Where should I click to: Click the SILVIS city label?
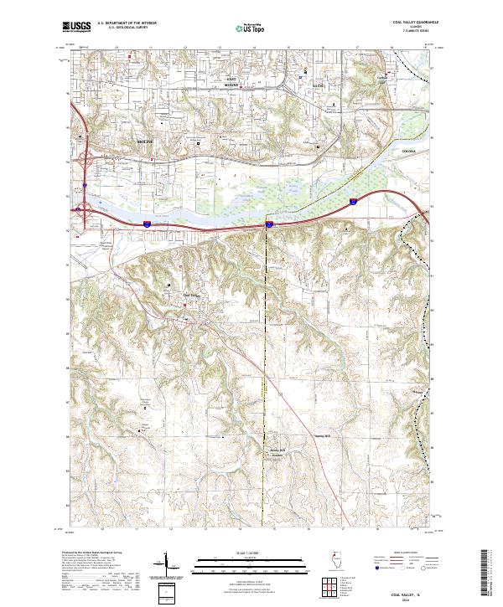coord(318,85)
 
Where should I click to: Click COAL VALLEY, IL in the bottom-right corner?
coord(402,588)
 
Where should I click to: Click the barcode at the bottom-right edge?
coord(486,574)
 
